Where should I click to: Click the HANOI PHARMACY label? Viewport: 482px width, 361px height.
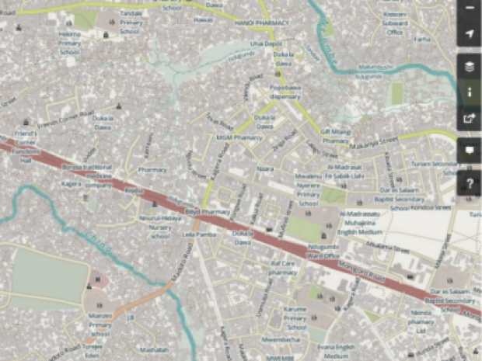[261, 23]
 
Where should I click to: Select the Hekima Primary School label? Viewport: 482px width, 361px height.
[70, 43]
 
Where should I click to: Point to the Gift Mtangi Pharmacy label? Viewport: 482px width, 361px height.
[336, 137]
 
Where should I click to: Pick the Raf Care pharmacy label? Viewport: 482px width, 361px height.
[283, 269]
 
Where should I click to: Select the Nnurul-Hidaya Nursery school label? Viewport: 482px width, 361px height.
[160, 227]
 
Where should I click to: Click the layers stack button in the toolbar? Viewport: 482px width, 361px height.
[470, 67]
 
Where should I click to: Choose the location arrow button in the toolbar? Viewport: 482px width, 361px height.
[470, 34]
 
